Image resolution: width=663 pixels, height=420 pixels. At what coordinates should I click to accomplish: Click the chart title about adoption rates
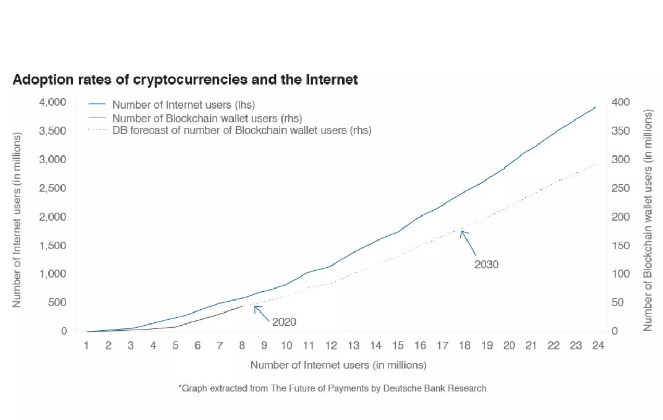(x=185, y=80)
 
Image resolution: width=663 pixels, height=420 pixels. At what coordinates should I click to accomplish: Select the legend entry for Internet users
(x=183, y=105)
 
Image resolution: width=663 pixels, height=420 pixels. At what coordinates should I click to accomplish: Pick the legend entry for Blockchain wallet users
(x=207, y=118)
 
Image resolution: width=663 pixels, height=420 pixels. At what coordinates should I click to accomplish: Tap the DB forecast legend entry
(x=241, y=130)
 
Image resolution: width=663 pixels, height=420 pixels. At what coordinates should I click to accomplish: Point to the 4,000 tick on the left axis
(x=53, y=102)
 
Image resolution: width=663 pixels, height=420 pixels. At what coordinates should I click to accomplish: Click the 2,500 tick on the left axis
(x=53, y=188)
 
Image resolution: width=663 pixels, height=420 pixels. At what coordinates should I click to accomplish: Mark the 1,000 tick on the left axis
(x=53, y=274)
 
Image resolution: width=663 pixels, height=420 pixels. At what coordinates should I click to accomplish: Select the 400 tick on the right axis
(x=621, y=102)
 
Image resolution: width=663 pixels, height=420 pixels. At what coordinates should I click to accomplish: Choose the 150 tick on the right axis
(x=621, y=246)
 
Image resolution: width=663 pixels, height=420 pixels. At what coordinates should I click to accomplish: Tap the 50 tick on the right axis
(x=619, y=303)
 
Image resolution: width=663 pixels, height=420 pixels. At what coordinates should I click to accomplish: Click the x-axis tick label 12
(x=330, y=345)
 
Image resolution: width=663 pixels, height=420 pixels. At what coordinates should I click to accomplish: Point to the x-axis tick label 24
(x=598, y=345)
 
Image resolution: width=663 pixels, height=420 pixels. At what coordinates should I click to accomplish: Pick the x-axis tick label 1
(x=86, y=345)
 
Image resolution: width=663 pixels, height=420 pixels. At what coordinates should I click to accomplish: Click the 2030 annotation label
(x=486, y=265)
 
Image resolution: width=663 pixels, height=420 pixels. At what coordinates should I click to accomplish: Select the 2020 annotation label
(x=284, y=322)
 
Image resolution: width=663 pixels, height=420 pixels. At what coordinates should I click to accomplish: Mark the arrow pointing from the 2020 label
(x=261, y=313)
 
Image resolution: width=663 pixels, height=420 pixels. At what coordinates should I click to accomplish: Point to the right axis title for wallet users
(x=647, y=219)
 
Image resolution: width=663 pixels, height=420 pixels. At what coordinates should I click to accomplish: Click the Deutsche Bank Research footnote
(x=333, y=388)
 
